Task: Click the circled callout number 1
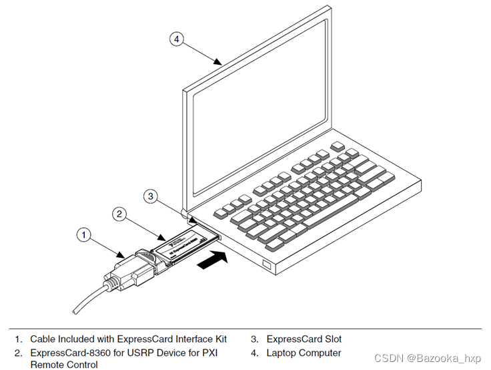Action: [x=83, y=234]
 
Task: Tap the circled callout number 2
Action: [x=119, y=214]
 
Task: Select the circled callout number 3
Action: [x=151, y=196]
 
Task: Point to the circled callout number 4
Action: [x=176, y=39]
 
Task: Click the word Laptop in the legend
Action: [x=282, y=353]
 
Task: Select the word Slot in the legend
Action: [x=330, y=339]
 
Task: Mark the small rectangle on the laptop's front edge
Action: [x=266, y=265]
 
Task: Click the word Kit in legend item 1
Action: [x=221, y=339]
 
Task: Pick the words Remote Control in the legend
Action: [x=64, y=365]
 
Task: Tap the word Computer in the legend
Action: [x=320, y=353]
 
